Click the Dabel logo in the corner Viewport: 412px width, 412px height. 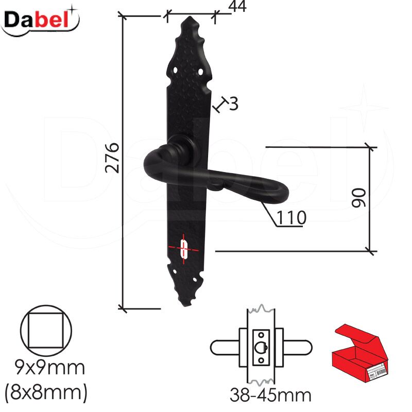pos(40,22)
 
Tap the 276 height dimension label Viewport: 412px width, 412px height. pos(112,158)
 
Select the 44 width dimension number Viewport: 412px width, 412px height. pos(237,6)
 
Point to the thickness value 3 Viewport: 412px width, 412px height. pos(234,104)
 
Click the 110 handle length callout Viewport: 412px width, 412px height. pos(291,217)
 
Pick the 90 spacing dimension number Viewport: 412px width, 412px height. pos(359,198)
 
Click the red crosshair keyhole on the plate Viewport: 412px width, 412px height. pos(184,249)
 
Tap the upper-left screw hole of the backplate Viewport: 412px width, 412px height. pos(175,70)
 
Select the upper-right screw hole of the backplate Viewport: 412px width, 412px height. pos(200,71)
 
